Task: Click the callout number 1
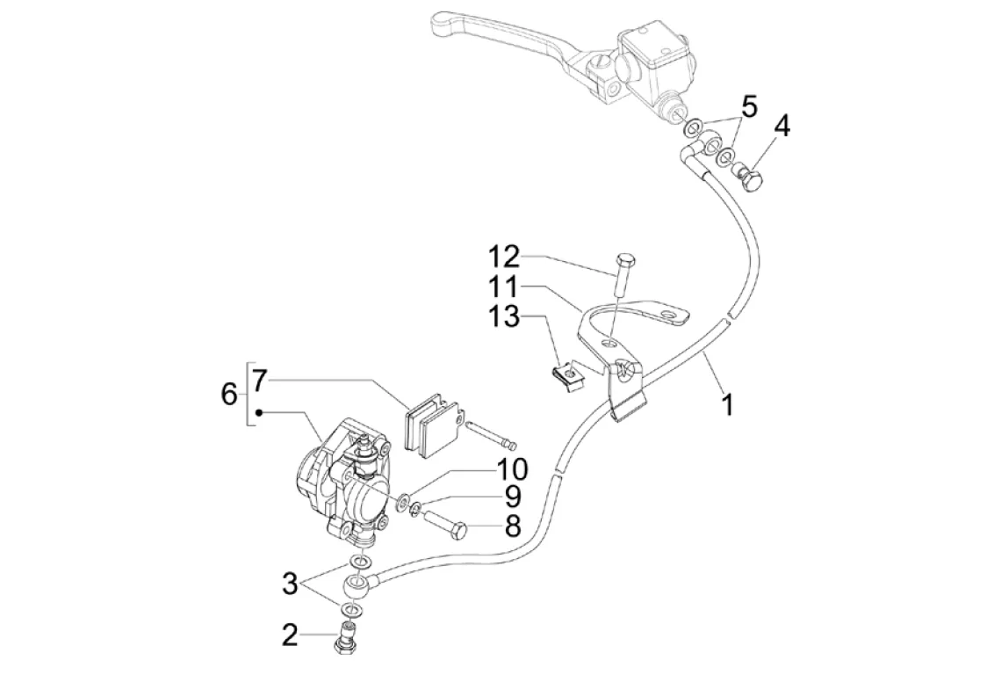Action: click(727, 404)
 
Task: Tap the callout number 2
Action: click(290, 635)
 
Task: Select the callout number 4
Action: click(782, 126)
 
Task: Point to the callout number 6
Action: click(230, 396)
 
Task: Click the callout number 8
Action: click(514, 526)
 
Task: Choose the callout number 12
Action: click(504, 258)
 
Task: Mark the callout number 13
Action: click(504, 316)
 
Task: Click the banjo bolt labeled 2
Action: click(344, 636)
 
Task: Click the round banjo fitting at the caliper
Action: click(357, 588)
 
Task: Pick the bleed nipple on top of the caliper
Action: click(364, 453)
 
